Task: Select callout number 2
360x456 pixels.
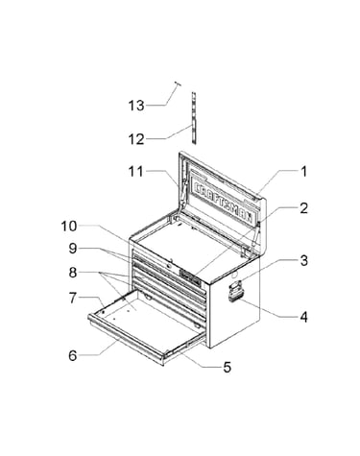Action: click(x=303, y=208)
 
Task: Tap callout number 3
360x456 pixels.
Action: click(x=303, y=260)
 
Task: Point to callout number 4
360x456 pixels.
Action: click(x=303, y=317)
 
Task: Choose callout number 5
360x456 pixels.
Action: click(x=227, y=367)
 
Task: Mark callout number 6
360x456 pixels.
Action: click(x=73, y=355)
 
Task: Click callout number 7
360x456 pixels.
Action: click(x=73, y=299)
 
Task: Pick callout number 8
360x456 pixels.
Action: click(x=73, y=273)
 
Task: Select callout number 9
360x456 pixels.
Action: click(x=73, y=249)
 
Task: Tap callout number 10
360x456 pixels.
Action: click(x=69, y=227)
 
